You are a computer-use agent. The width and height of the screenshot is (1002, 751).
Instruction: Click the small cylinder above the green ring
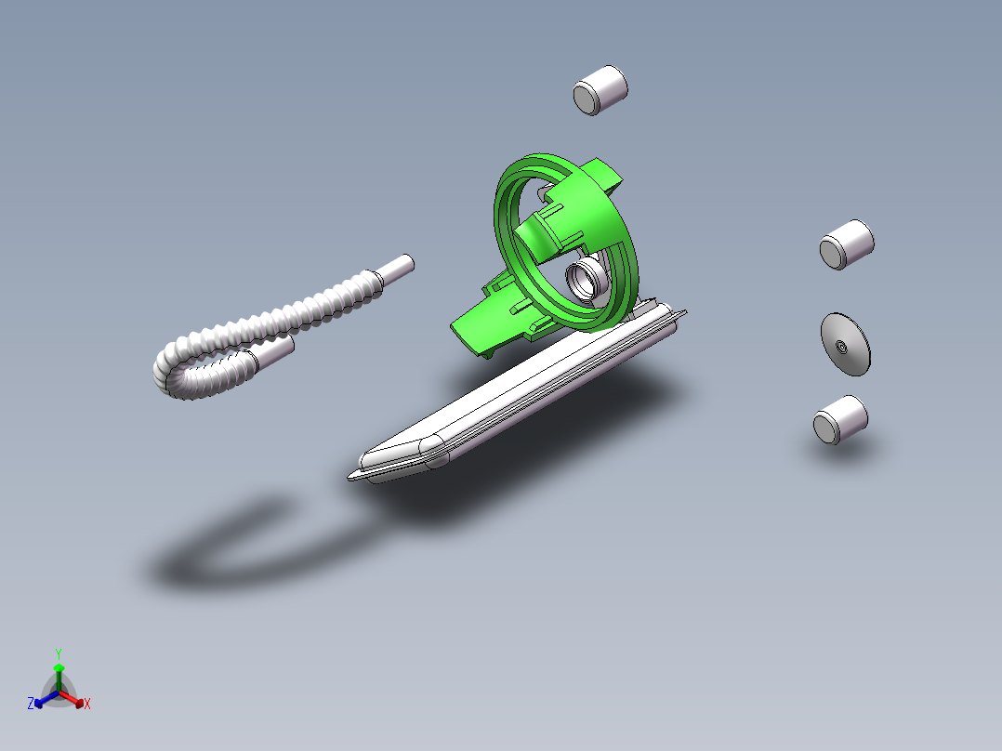[600, 90]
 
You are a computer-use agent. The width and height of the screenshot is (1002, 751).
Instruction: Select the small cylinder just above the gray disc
[847, 244]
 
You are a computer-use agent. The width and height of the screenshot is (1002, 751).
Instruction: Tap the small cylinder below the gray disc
[840, 420]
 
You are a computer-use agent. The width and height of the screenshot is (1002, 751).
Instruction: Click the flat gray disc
[846, 345]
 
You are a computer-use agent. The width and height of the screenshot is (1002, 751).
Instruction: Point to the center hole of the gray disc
[841, 347]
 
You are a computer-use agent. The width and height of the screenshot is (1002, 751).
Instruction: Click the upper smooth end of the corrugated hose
[394, 270]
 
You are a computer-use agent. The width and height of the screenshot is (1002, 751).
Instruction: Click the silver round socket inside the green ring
[584, 277]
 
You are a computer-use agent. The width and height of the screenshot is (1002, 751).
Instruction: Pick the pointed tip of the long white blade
[351, 476]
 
